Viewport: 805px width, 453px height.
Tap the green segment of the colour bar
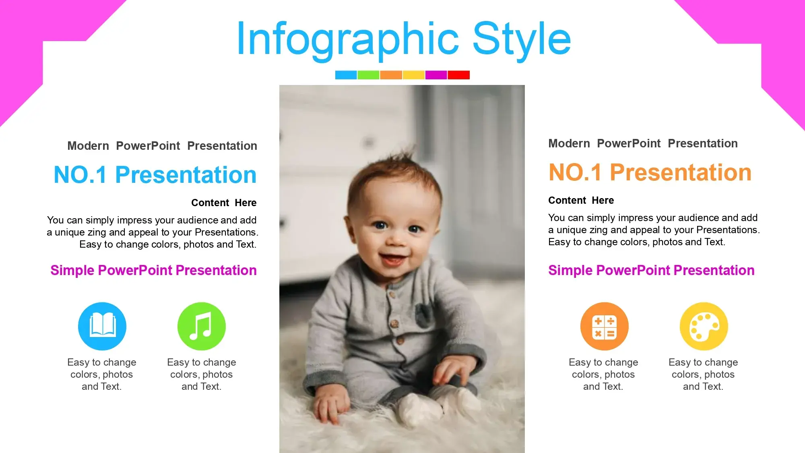pyautogui.click(x=368, y=75)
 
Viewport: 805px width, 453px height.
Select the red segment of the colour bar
pyautogui.click(x=458, y=75)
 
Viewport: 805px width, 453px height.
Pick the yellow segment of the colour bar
pyautogui.click(x=413, y=75)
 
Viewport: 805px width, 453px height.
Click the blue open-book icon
pyautogui.click(x=102, y=326)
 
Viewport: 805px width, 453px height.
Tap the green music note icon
pyautogui.click(x=202, y=326)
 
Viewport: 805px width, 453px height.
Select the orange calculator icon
pyautogui.click(x=604, y=326)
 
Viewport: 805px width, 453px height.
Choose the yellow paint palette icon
pyautogui.click(x=704, y=326)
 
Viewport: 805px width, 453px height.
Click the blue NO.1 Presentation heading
pyautogui.click(x=155, y=175)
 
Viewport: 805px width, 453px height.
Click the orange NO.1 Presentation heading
pyautogui.click(x=650, y=172)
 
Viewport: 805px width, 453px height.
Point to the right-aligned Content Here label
pyautogui.click(x=224, y=203)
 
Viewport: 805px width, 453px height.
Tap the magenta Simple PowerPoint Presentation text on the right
pyautogui.click(x=651, y=270)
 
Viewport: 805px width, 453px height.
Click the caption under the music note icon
pyautogui.click(x=202, y=374)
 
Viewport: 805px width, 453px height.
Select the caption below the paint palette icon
pyautogui.click(x=703, y=374)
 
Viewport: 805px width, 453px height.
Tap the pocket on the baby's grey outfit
pyautogui.click(x=423, y=315)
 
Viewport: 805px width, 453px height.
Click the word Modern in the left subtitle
pyautogui.click(x=88, y=146)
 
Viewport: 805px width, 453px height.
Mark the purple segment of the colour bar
pyautogui.click(x=436, y=75)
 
